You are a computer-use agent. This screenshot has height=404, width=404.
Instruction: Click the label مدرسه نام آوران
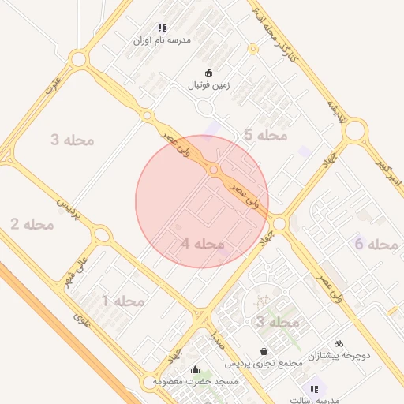tap(163, 39)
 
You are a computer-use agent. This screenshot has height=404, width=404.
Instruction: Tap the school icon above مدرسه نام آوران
tap(163, 28)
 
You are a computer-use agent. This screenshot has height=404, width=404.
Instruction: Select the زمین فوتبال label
tap(208, 84)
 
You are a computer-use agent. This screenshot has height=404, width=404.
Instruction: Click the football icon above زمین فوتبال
tap(208, 73)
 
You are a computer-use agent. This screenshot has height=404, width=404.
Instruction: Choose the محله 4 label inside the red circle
tap(203, 244)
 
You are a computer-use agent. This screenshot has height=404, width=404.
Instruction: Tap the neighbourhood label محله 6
tap(376, 244)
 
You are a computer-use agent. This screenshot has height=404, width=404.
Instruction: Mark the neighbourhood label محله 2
tap(32, 225)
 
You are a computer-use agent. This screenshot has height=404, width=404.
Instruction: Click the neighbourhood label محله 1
tap(123, 301)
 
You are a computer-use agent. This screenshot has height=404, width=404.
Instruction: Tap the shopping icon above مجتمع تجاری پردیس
tap(264, 352)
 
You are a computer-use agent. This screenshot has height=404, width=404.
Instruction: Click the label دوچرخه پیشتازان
tap(339, 355)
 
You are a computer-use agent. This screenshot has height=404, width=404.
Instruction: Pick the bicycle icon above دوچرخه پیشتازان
tap(339, 344)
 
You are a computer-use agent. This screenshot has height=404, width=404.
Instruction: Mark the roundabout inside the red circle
tap(213, 170)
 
